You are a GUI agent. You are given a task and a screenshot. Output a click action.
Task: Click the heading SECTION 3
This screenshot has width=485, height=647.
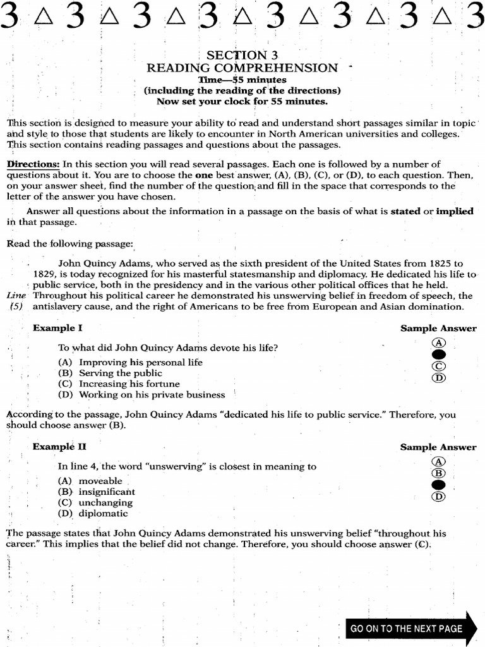point(242,55)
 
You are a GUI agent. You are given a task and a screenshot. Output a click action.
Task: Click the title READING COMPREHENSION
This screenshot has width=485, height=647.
point(242,68)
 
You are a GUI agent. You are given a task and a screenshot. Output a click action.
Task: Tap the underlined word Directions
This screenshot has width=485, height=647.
point(33,164)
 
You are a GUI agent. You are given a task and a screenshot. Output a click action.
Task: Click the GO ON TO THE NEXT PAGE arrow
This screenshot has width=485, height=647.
point(410,628)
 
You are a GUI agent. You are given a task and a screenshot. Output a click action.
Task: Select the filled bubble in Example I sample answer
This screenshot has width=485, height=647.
point(438,354)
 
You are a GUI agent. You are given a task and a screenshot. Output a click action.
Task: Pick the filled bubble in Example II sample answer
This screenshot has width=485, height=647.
point(438,485)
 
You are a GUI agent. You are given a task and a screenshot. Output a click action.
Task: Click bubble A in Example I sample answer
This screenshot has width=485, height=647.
point(438,342)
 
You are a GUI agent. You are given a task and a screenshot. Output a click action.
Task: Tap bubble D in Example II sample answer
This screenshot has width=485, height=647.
point(438,497)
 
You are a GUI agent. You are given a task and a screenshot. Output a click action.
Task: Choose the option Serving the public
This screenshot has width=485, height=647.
point(120,373)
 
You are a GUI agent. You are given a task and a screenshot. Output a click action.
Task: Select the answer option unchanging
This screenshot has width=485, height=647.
point(105,503)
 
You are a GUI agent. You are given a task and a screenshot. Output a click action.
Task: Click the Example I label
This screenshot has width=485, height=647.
point(57,329)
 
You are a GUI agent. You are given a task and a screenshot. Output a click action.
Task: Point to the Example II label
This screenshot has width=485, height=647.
point(59,447)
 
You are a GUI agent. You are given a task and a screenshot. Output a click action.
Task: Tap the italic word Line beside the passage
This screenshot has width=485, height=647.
point(17,296)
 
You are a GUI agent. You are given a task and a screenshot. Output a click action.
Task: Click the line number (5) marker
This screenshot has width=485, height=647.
point(17,306)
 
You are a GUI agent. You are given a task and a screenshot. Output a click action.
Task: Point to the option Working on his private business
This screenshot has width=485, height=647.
point(152,395)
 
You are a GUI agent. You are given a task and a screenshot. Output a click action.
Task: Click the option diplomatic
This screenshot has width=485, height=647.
point(103,514)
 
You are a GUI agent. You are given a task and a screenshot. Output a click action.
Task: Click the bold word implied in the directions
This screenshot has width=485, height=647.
point(455,212)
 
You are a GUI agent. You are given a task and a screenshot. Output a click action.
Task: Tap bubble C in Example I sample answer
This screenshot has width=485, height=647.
point(438,366)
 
